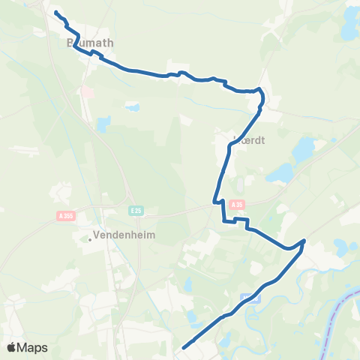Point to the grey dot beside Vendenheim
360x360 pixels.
point(90,240)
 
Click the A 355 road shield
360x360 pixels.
point(65,216)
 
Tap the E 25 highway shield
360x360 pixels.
point(135,211)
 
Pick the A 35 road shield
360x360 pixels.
point(238,204)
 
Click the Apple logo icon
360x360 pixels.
point(11,347)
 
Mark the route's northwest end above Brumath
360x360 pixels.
point(56,12)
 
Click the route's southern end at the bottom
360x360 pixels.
point(184,347)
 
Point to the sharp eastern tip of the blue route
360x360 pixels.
point(304,241)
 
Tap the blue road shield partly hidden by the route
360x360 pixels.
point(250,298)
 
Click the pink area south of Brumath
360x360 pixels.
point(87,91)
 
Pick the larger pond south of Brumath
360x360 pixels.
point(103,123)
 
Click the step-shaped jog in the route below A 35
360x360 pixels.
point(235,220)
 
